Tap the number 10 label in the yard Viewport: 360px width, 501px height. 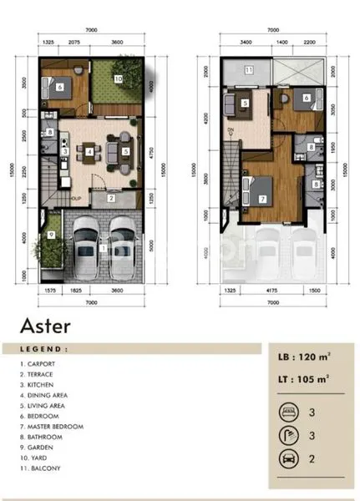point(118,78)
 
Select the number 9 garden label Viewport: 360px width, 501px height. point(51,235)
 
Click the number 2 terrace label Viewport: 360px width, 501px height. point(111,198)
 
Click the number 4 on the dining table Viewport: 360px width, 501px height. point(89,151)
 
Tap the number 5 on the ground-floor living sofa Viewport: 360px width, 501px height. point(124,151)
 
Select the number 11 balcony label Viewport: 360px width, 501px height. point(249,70)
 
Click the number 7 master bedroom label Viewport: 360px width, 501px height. point(262,199)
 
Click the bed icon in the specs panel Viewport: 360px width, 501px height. point(286,412)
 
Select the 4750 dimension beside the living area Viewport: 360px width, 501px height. point(153,153)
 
